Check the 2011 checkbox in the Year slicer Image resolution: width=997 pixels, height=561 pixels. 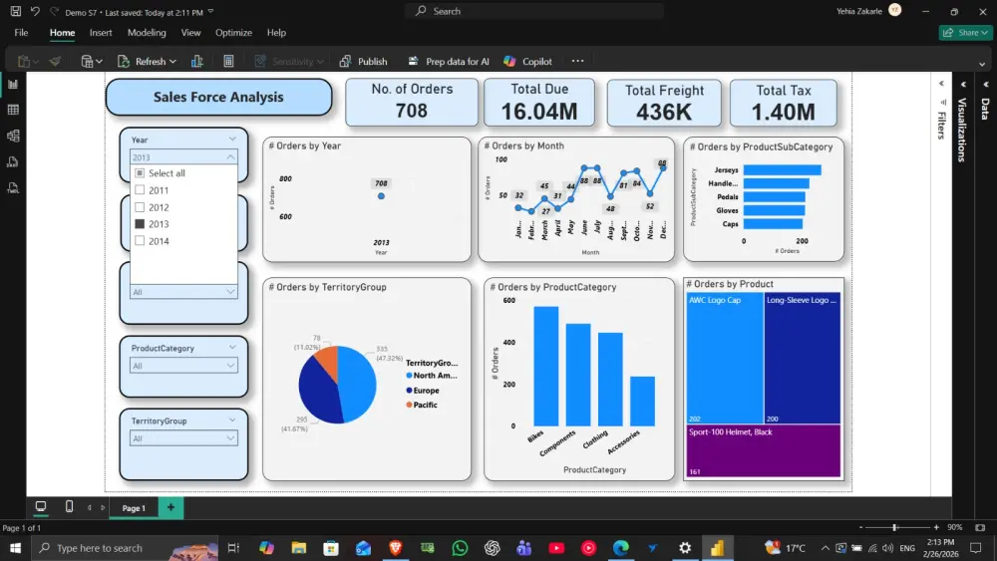click(x=140, y=190)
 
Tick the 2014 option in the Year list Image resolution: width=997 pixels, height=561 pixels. click(x=140, y=241)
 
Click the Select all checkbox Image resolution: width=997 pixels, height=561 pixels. click(x=140, y=173)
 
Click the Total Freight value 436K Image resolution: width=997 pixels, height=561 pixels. click(x=664, y=112)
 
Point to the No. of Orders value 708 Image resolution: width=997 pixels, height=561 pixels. click(x=412, y=111)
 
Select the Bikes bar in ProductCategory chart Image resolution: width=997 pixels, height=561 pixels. click(x=545, y=366)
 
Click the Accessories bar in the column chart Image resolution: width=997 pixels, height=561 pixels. click(x=642, y=401)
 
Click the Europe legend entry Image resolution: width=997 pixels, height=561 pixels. click(x=426, y=391)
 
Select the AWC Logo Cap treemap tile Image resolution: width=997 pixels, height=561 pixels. click(x=725, y=357)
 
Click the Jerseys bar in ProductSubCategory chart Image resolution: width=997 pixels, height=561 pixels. click(x=782, y=170)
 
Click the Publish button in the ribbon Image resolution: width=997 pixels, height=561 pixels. click(x=363, y=62)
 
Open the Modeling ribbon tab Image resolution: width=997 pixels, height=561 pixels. click(x=147, y=33)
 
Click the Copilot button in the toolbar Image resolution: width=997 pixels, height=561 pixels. click(x=527, y=62)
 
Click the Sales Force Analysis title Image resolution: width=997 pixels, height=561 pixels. click(x=218, y=98)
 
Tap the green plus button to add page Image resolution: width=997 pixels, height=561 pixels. click(x=170, y=508)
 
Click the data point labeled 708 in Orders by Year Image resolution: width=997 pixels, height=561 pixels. click(x=381, y=196)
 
